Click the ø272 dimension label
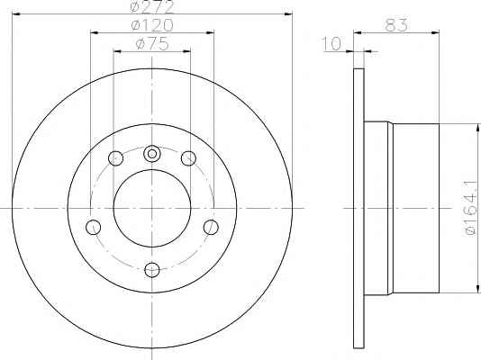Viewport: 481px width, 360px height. pyautogui.click(x=152, y=6)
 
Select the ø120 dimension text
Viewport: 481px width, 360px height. pyautogui.click(x=152, y=25)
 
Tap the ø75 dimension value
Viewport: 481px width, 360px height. pyautogui.click(x=152, y=43)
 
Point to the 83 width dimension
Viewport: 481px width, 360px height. pyautogui.click(x=396, y=25)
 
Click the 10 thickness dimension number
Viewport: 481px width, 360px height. pyautogui.click(x=331, y=43)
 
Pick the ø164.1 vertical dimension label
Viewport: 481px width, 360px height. pyautogui.click(x=471, y=208)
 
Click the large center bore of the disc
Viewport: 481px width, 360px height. pyautogui.click(x=152, y=208)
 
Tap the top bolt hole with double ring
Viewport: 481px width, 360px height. pyautogui.click(x=152, y=154)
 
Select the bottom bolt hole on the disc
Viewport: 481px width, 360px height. pyautogui.click(x=152, y=270)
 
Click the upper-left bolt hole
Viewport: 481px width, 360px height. pyautogui.click(x=116, y=158)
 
